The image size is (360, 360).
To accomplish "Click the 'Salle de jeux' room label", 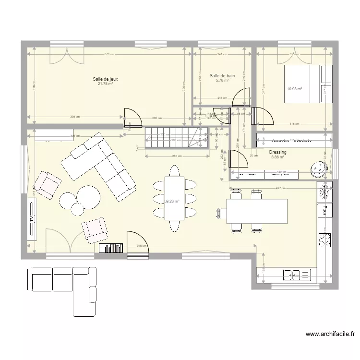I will click(106, 79).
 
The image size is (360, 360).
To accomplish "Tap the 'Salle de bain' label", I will click(222, 75).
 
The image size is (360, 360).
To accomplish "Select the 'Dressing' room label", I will click(278, 152).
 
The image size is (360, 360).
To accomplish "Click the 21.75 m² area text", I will click(106, 84).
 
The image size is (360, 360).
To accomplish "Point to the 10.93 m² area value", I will click(294, 89).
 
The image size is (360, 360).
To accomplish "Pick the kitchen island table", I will click(257, 212).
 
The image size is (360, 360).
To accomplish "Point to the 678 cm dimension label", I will click(109, 54).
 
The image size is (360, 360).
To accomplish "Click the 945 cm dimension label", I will click(142, 246).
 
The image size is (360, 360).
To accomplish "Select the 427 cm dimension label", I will click(275, 189).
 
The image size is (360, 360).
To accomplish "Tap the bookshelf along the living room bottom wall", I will click(111, 248).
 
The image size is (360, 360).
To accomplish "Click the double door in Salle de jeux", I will click(67, 56).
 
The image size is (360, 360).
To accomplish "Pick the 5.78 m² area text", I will click(222, 80).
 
